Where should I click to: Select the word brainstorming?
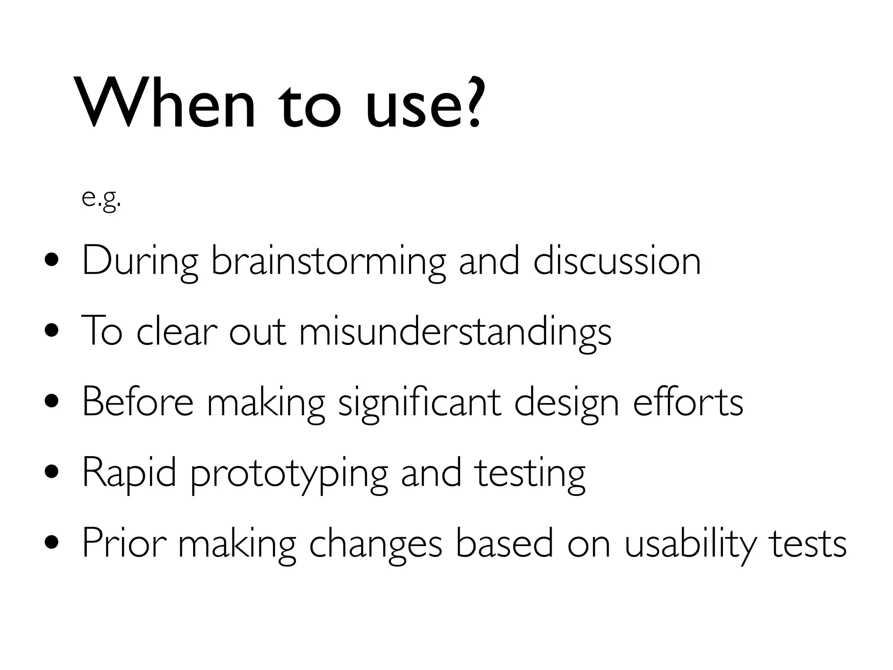[x=328, y=262]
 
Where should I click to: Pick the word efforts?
[x=688, y=402]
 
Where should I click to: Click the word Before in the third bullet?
[x=137, y=402]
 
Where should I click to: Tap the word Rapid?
[x=129, y=474]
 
